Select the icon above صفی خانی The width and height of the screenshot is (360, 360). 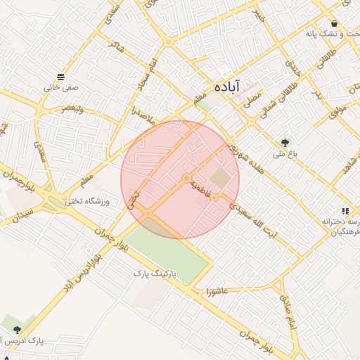[x=62, y=76]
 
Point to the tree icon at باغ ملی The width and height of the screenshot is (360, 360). [x=285, y=142]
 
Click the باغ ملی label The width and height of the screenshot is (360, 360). [x=285, y=155]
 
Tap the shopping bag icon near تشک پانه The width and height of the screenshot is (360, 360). [x=345, y=21]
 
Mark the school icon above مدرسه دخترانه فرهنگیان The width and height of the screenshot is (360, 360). [x=345, y=210]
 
